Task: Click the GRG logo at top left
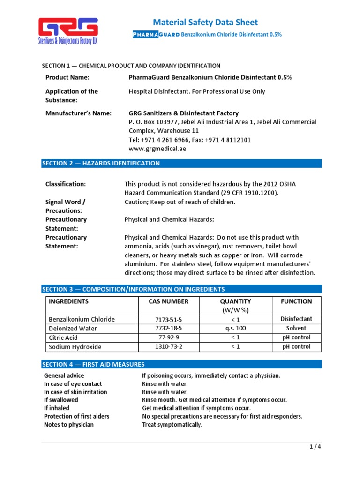[x=67, y=30]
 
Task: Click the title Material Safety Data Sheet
[x=205, y=22]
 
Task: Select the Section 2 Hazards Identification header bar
[x=181, y=163]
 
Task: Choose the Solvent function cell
[x=296, y=328]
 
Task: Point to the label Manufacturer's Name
[x=78, y=113]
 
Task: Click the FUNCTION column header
[x=296, y=301]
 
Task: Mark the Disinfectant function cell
[x=296, y=319]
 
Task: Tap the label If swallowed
[x=61, y=400]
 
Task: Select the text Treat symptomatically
[x=172, y=425]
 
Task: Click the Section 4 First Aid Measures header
[x=181, y=364]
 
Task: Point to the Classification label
[x=65, y=184]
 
